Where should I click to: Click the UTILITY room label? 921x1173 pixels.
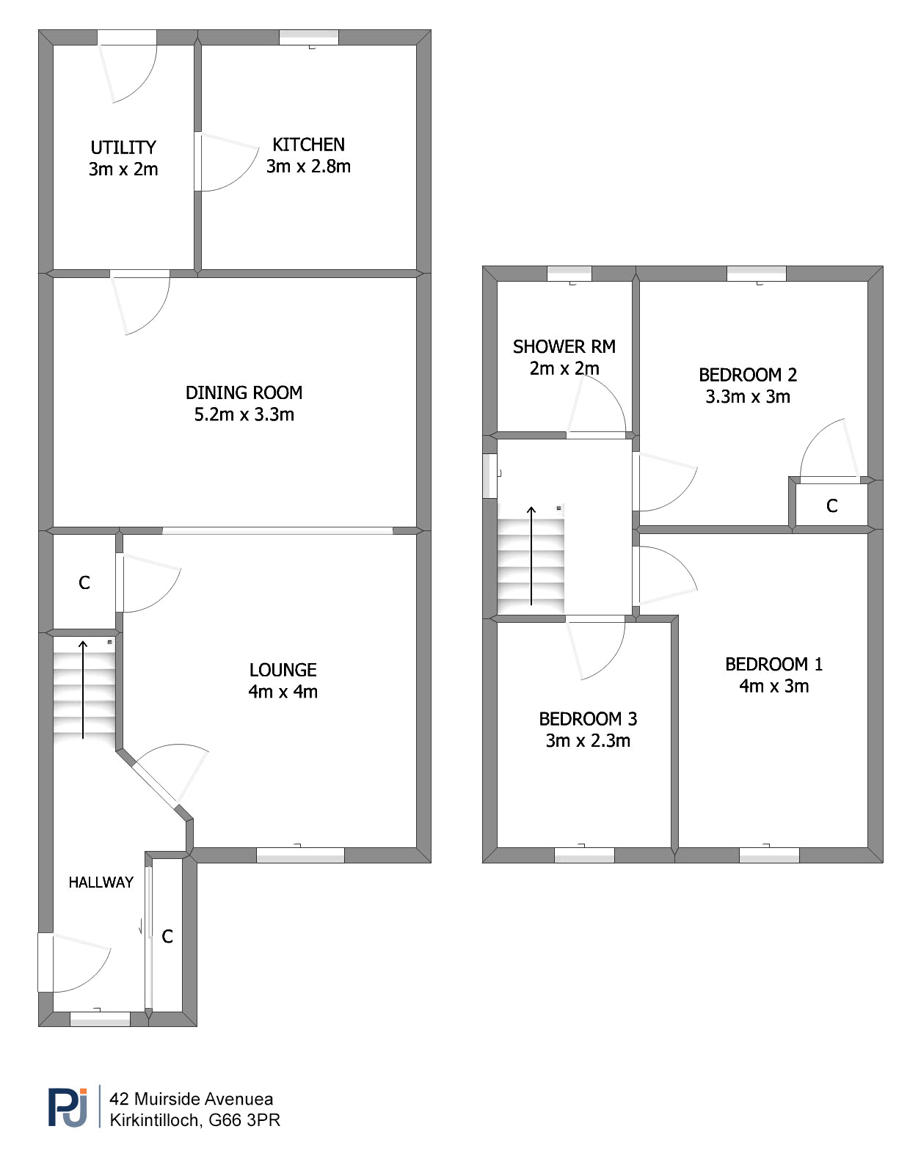(x=123, y=147)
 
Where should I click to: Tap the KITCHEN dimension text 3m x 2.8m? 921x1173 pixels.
(x=308, y=167)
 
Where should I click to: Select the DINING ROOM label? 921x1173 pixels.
(x=244, y=392)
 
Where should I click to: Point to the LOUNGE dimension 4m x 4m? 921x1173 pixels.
(x=283, y=692)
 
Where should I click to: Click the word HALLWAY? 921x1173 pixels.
(x=101, y=882)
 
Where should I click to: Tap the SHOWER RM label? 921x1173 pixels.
(x=564, y=346)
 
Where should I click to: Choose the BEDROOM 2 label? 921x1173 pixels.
(x=748, y=375)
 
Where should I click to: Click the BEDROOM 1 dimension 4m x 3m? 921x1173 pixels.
(x=773, y=686)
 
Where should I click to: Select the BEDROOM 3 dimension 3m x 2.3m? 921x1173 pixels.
(x=588, y=741)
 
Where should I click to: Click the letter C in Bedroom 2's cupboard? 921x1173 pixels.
(x=832, y=505)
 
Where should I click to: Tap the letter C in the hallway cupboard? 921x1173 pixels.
(x=167, y=936)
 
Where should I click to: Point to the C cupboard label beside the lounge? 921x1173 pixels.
(x=84, y=582)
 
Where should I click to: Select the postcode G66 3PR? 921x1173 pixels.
(x=244, y=1120)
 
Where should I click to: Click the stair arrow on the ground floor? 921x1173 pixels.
(x=83, y=690)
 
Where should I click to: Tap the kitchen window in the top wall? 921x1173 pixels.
(x=309, y=37)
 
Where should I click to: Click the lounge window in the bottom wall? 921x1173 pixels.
(x=300, y=855)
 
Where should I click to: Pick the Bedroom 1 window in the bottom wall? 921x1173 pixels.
(x=769, y=855)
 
